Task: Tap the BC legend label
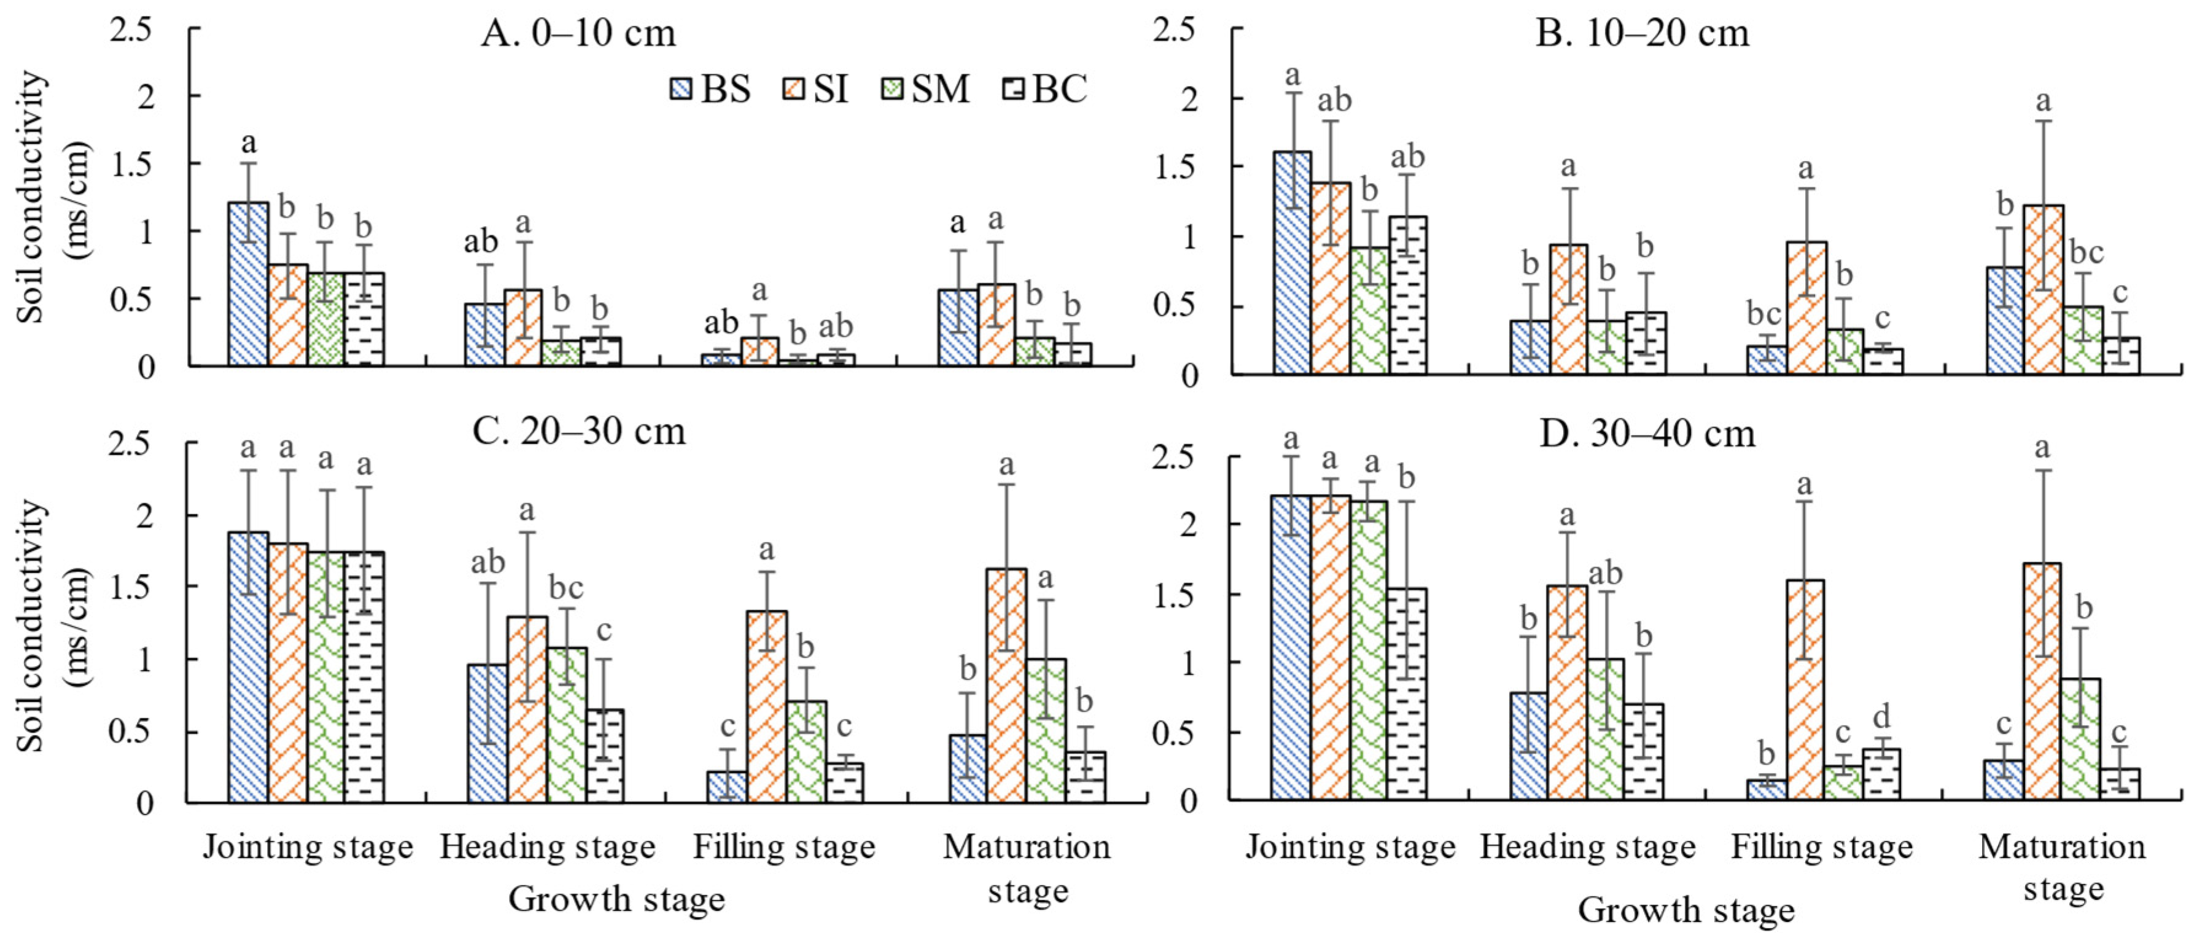pos(1059,88)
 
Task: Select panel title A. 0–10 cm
pos(578,34)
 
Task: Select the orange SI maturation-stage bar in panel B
pos(2043,289)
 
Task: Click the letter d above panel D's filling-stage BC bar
pos(1881,715)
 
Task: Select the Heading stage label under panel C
pos(548,847)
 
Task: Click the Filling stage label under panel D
pos(1822,847)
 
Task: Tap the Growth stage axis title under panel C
pos(616,899)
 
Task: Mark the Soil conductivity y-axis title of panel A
pos(53,197)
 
